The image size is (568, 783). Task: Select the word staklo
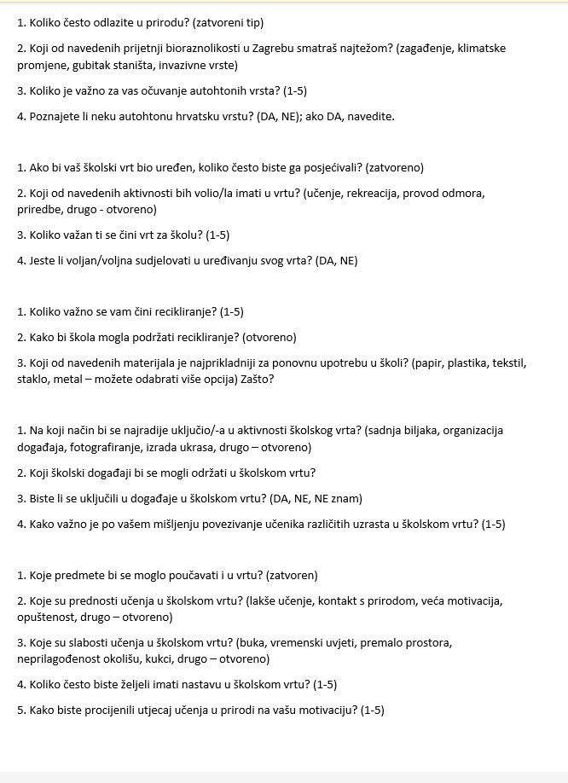pyautogui.click(x=32, y=379)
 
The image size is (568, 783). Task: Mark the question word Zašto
pyautogui.click(x=257, y=379)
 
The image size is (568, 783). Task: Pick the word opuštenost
pyautogui.click(x=46, y=617)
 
